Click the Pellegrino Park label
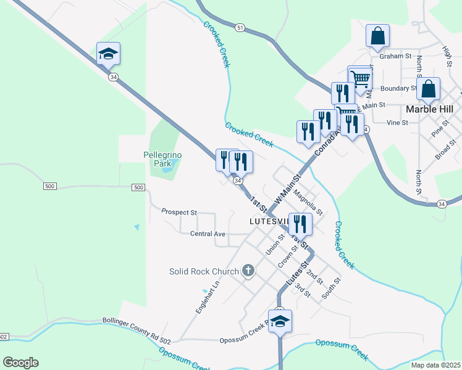(x=157, y=159)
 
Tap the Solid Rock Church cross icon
(x=248, y=271)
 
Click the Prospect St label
(x=178, y=212)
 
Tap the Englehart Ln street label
(x=207, y=298)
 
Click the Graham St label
(x=395, y=56)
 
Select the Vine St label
(x=397, y=123)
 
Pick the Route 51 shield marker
(x=240, y=28)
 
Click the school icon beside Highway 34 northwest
(x=108, y=54)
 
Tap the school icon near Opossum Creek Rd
(x=280, y=321)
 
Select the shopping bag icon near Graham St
(x=377, y=36)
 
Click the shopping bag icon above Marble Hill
(x=428, y=89)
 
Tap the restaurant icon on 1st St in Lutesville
(x=300, y=223)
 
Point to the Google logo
(x=20, y=363)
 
